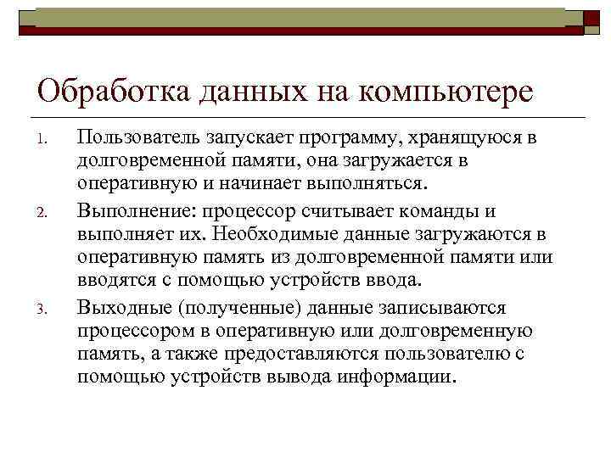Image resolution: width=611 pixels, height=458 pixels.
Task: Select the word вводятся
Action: pos(115,280)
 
